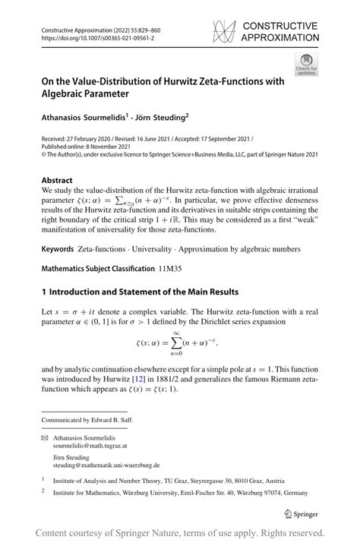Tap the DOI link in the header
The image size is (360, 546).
90,36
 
